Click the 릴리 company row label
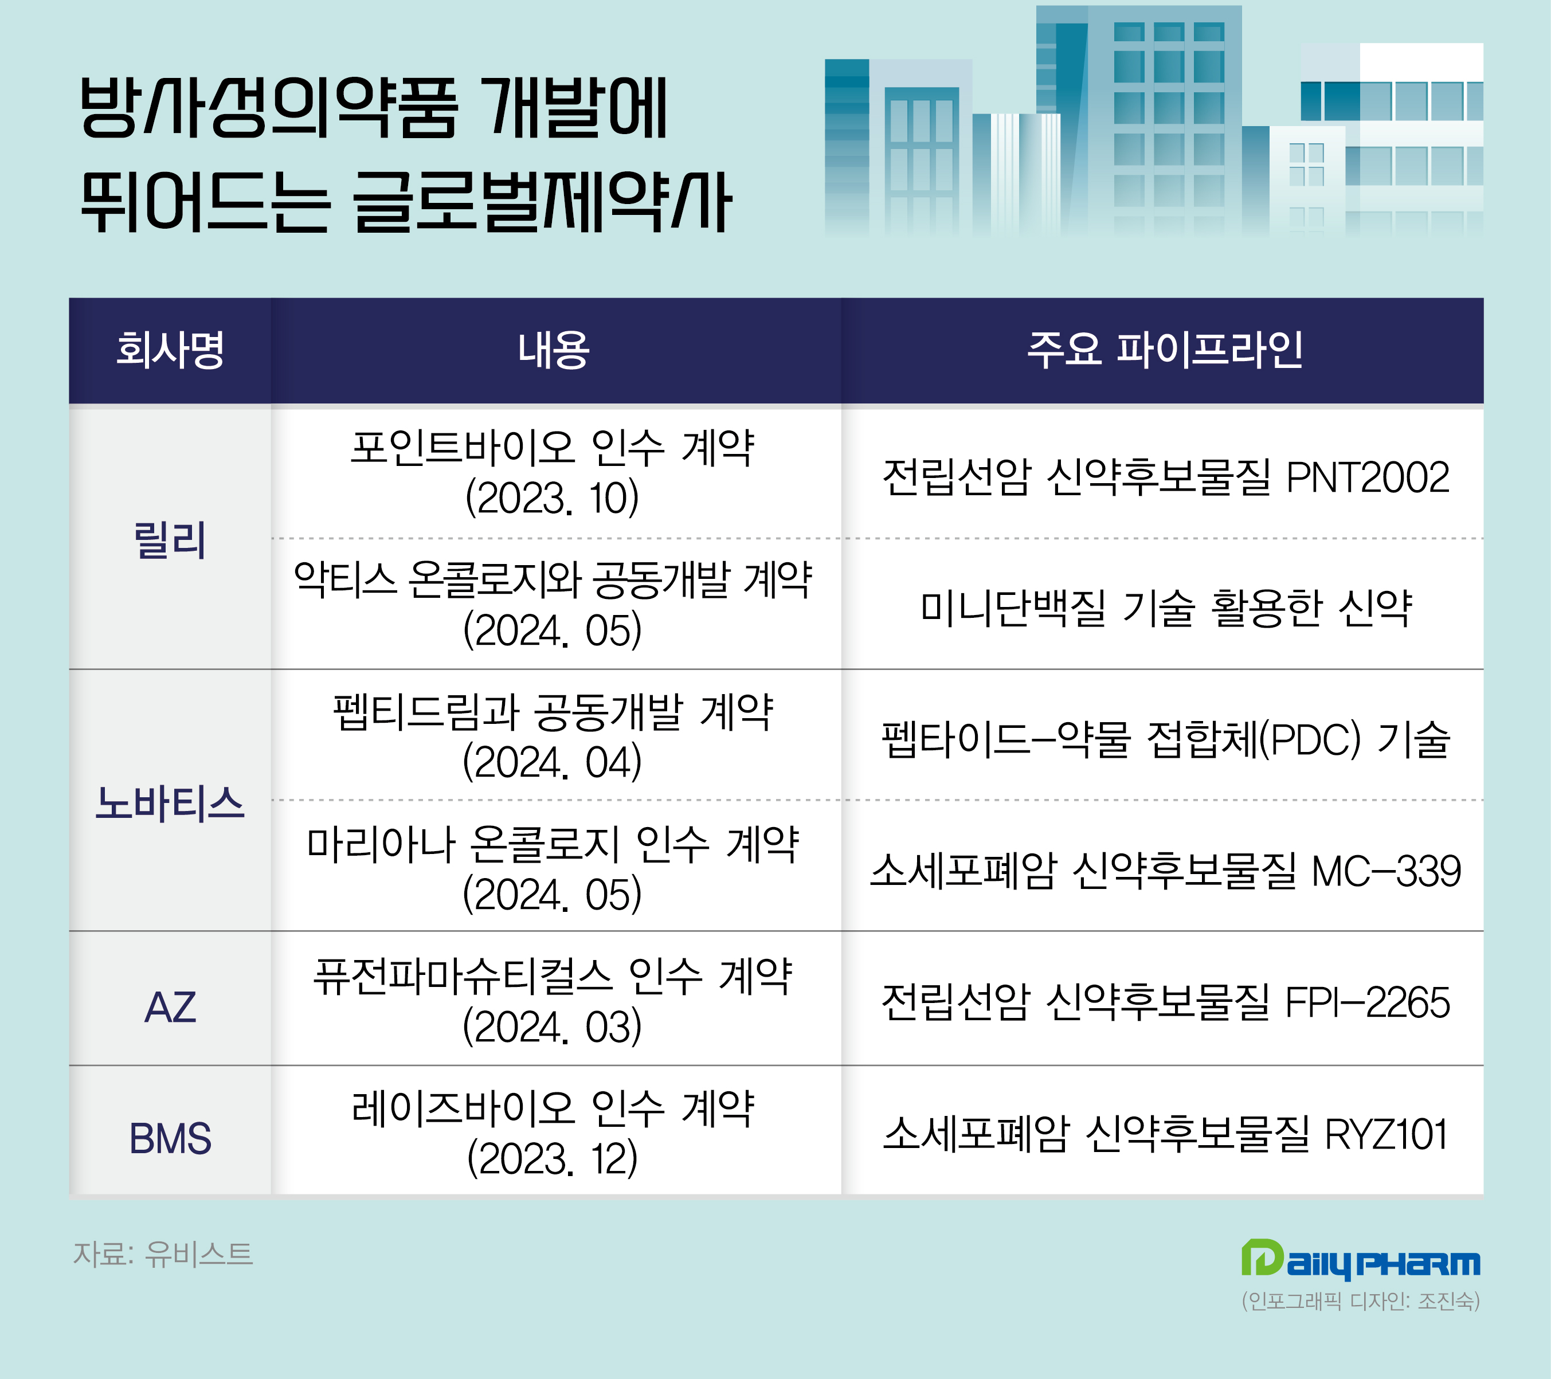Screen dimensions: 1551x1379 (170, 540)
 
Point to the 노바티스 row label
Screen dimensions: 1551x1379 (170, 803)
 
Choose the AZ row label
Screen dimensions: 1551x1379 (170, 1007)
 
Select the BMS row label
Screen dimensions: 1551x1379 (170, 1138)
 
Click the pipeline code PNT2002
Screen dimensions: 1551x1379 (1368, 477)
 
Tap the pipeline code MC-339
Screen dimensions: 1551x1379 (1386, 871)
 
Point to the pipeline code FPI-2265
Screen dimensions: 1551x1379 (1368, 1002)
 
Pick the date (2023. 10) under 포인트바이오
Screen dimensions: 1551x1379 (553, 498)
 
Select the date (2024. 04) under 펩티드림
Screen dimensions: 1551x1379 (553, 762)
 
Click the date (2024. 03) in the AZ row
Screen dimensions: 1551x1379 (553, 1026)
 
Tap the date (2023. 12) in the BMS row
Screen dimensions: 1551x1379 (553, 1158)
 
